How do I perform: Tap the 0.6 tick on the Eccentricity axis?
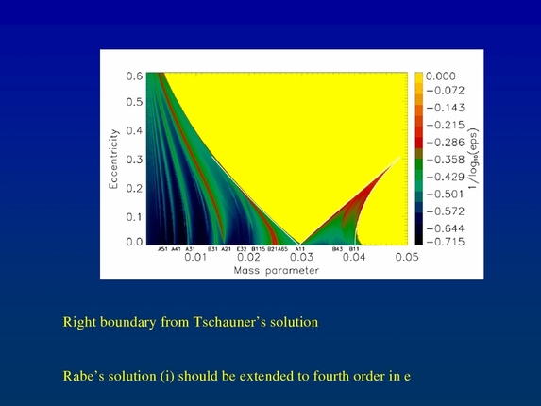(x=135, y=76)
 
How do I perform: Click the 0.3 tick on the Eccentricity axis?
(x=135, y=160)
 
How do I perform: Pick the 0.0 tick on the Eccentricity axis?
(x=135, y=243)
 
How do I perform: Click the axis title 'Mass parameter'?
(x=276, y=270)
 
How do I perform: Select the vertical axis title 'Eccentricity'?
(x=114, y=160)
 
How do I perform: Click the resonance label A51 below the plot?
(x=162, y=248)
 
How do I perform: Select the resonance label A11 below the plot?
(x=300, y=248)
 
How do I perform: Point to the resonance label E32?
(x=242, y=248)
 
